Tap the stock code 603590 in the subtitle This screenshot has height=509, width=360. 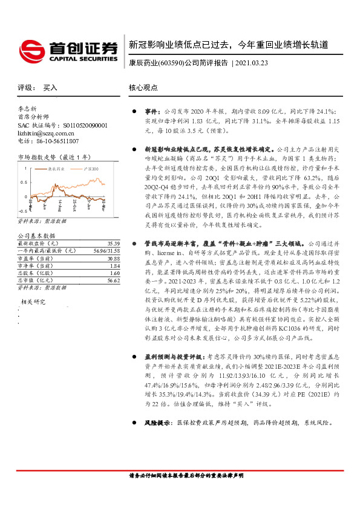(x=172, y=62)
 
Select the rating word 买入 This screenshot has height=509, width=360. (x=50, y=88)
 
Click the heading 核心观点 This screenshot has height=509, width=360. (x=143, y=88)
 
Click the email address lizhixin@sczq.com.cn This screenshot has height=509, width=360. (x=45, y=132)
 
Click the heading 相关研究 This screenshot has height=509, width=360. (x=34, y=301)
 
